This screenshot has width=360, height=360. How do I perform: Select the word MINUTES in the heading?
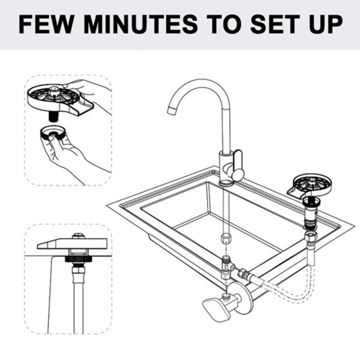140,24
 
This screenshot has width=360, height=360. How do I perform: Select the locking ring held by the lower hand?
53,133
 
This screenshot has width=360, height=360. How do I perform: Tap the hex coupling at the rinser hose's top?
310,237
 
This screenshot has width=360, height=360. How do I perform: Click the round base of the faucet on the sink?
227,183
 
